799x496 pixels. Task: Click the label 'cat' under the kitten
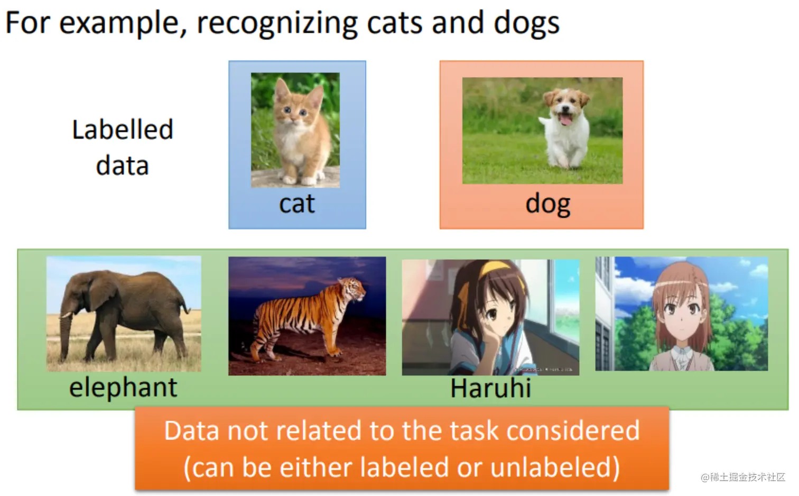pyautogui.click(x=297, y=204)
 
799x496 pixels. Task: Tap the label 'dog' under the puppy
pyautogui.click(x=548, y=205)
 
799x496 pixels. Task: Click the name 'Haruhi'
pyautogui.click(x=491, y=388)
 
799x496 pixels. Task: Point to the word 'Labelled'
pyautogui.click(x=123, y=130)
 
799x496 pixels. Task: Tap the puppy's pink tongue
pyautogui.click(x=565, y=120)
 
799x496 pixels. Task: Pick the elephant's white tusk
pyautogui.click(x=67, y=315)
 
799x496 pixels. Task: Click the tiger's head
pyautogui.click(x=352, y=291)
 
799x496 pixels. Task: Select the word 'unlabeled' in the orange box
pyautogui.click(x=555, y=467)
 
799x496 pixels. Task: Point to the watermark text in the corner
pyautogui.click(x=743, y=477)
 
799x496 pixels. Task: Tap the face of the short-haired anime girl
pyautogui.click(x=681, y=314)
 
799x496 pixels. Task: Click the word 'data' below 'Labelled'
pyautogui.click(x=123, y=166)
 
